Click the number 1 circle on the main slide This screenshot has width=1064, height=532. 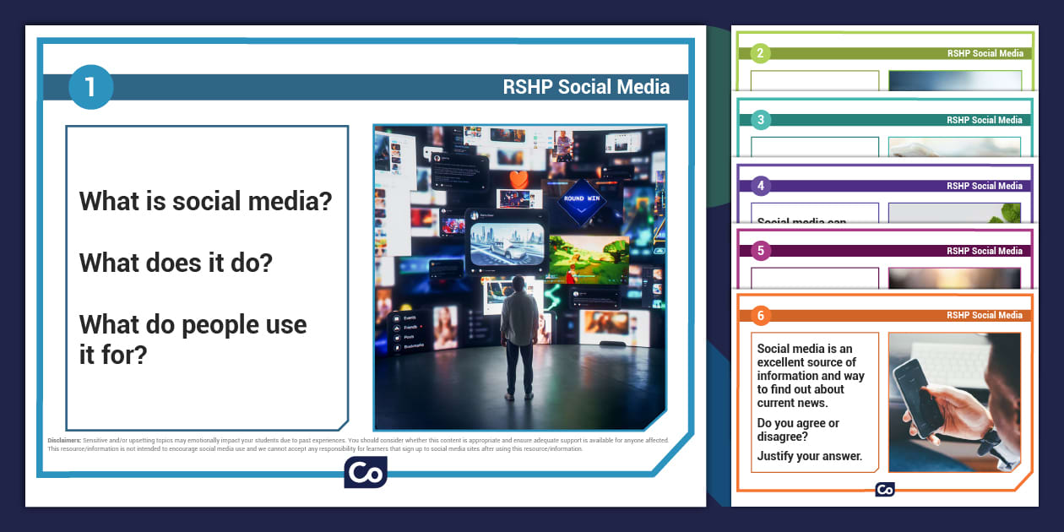tap(90, 87)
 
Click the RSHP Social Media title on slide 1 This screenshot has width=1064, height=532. tap(586, 86)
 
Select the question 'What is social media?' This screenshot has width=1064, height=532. tap(205, 201)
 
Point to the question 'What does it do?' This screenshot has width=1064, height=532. tap(176, 263)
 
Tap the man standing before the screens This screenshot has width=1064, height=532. tap(518, 334)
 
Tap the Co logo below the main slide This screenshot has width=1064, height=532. tap(365, 472)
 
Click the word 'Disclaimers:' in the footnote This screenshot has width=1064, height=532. tap(64, 440)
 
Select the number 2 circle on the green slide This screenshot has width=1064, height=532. tap(760, 53)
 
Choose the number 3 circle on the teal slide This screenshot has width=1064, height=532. tap(760, 120)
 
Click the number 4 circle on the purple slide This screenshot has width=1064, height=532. tap(760, 186)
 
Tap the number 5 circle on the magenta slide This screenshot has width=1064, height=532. tap(760, 251)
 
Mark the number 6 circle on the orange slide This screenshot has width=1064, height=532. tap(760, 315)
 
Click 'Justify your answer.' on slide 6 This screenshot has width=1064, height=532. tap(809, 456)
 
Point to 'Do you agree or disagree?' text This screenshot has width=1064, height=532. tap(798, 430)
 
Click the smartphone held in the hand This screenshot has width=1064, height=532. tap(920, 396)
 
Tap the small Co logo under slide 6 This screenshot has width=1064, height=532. tap(884, 489)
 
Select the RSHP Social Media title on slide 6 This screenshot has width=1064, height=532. tap(984, 315)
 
